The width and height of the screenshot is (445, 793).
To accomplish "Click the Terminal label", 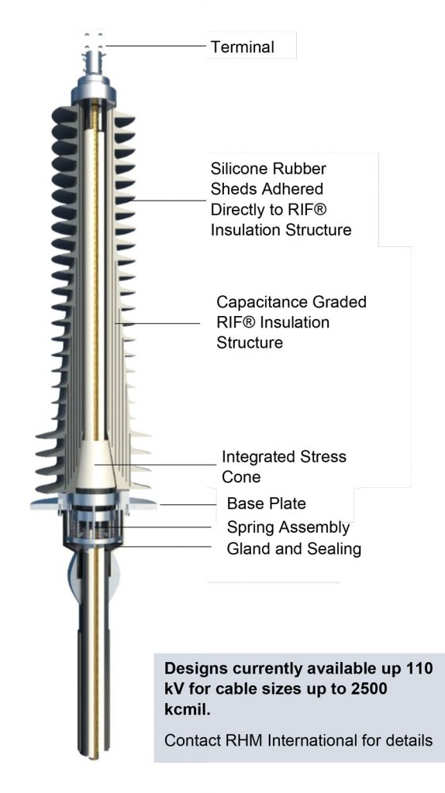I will (x=242, y=47).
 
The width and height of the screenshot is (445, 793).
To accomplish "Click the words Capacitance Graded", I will (x=291, y=302).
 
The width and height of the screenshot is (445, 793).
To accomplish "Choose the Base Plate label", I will (x=266, y=504).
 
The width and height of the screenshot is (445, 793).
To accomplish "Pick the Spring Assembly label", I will (x=288, y=528).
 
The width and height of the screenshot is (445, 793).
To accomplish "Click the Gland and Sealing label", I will (x=294, y=550).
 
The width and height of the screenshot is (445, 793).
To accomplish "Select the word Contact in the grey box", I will (x=189, y=741).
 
